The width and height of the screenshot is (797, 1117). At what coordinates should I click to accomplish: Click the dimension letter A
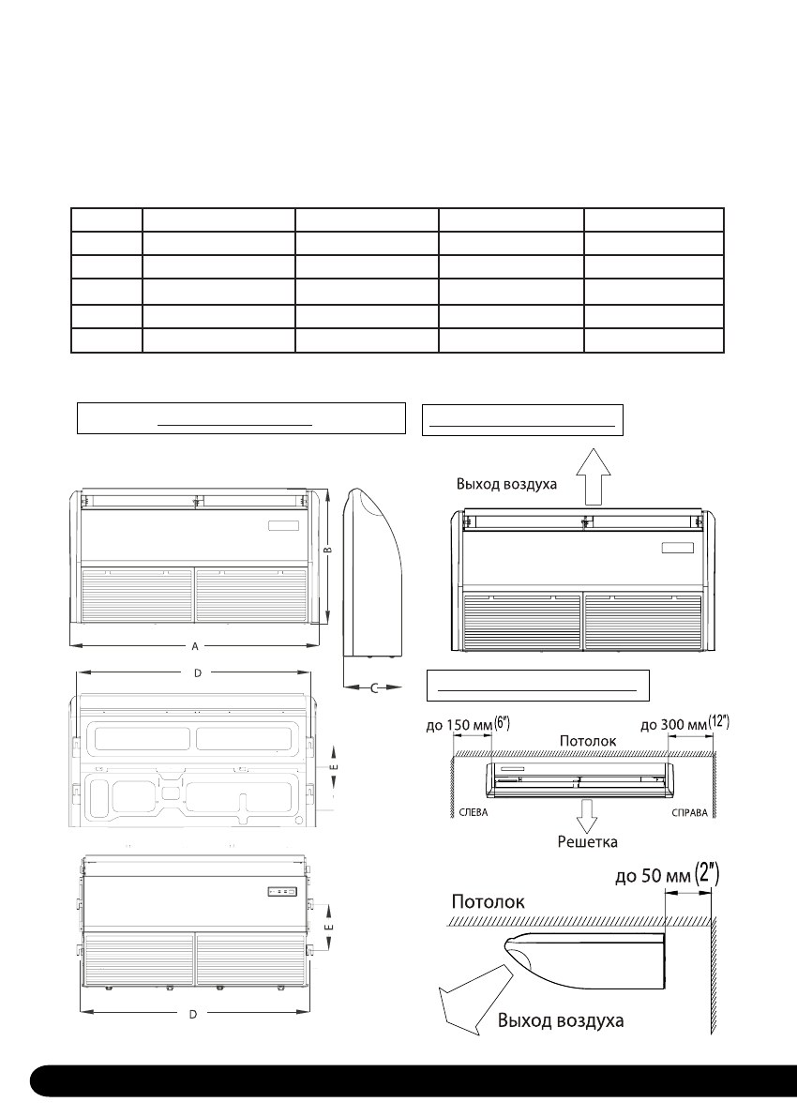click(194, 646)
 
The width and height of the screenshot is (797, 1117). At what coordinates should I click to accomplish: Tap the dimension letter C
click(373, 689)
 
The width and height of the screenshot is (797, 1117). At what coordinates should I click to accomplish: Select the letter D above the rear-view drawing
click(198, 672)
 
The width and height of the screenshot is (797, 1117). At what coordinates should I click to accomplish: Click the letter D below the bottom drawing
click(192, 1015)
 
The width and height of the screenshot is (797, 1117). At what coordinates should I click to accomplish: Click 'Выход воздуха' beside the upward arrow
click(507, 485)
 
